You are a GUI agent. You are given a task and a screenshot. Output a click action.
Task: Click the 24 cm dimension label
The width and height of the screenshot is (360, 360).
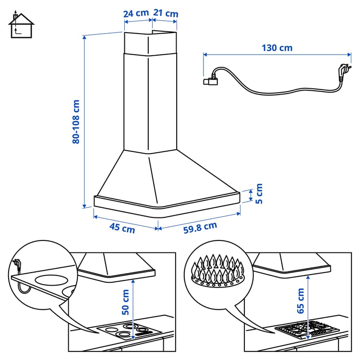pyautogui.click(x=136, y=13)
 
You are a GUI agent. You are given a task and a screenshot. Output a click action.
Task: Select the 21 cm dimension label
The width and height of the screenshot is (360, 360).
pyautogui.click(x=166, y=13)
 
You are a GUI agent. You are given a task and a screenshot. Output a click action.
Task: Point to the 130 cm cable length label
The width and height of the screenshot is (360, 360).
pyautogui.click(x=277, y=48)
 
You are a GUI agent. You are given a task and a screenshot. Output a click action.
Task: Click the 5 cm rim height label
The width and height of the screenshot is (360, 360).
pyautogui.click(x=259, y=194)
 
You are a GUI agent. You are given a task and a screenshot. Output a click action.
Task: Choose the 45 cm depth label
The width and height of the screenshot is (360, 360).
pyautogui.click(x=122, y=228)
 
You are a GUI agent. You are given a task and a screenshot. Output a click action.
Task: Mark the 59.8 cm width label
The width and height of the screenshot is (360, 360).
pyautogui.click(x=200, y=228)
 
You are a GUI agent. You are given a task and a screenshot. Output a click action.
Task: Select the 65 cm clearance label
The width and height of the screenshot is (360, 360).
pyautogui.click(x=301, y=301)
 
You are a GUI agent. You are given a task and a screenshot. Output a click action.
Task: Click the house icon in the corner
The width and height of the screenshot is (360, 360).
pyautogui.click(x=21, y=25)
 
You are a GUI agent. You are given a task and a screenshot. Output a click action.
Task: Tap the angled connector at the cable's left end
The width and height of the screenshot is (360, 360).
pyautogui.click(x=211, y=81)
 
